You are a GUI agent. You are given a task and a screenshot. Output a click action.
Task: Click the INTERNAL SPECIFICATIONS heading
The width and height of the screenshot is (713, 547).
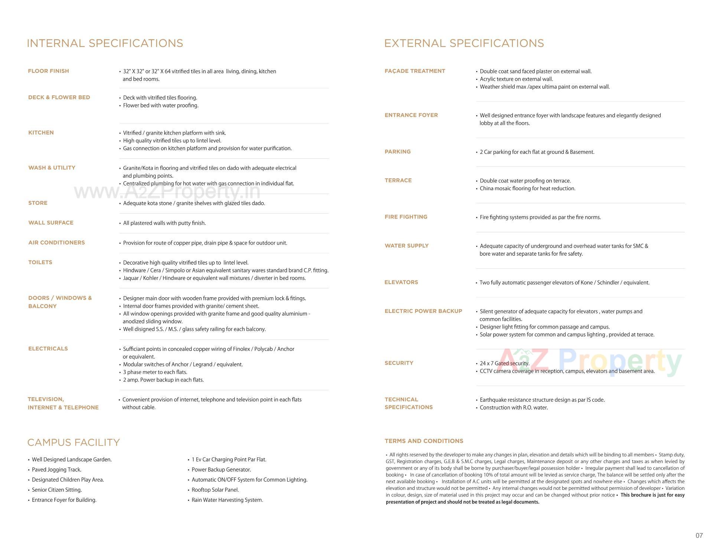click(x=105, y=43)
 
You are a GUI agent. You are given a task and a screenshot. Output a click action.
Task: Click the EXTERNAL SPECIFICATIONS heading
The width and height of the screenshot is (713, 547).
click(x=464, y=43)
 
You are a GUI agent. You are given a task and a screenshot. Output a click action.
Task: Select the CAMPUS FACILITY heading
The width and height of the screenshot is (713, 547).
click(x=74, y=442)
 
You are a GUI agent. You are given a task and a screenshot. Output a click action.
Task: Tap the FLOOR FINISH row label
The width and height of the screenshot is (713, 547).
click(x=49, y=71)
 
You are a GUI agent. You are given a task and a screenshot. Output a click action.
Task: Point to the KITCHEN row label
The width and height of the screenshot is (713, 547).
click(x=41, y=133)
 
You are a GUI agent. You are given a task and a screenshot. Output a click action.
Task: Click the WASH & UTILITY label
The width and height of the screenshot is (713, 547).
click(x=52, y=168)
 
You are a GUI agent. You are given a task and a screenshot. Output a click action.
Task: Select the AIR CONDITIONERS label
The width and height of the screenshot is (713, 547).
click(x=56, y=243)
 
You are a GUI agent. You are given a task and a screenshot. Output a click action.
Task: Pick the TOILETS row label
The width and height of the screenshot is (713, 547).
click(x=40, y=262)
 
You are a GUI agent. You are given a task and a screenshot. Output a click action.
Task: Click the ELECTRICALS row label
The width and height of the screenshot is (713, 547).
click(x=48, y=349)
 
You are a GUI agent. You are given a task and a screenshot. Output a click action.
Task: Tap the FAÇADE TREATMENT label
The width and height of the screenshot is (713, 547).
click(x=415, y=71)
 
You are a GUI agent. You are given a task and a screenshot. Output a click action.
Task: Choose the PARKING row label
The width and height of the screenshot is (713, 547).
click(x=398, y=152)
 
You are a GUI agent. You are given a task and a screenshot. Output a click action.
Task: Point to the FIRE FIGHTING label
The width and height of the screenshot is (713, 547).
click(x=406, y=217)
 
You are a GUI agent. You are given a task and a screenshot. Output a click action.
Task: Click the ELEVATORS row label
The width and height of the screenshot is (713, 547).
click(x=401, y=282)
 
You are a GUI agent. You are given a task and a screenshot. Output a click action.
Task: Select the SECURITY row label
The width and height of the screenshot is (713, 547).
click(x=399, y=363)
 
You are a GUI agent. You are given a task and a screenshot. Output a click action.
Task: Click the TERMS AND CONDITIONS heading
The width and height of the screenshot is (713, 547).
click(x=424, y=441)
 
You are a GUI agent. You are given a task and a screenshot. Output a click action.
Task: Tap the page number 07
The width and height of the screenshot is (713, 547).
click(x=699, y=535)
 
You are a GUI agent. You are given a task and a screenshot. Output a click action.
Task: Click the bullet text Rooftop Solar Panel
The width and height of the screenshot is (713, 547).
click(x=215, y=490)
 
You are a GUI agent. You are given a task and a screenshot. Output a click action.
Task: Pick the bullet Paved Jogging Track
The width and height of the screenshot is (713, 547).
click(x=56, y=470)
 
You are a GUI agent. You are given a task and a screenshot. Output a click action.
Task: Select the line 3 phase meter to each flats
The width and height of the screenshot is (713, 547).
click(x=155, y=372)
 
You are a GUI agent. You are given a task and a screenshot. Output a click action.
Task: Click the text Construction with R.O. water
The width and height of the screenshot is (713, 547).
click(x=514, y=408)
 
